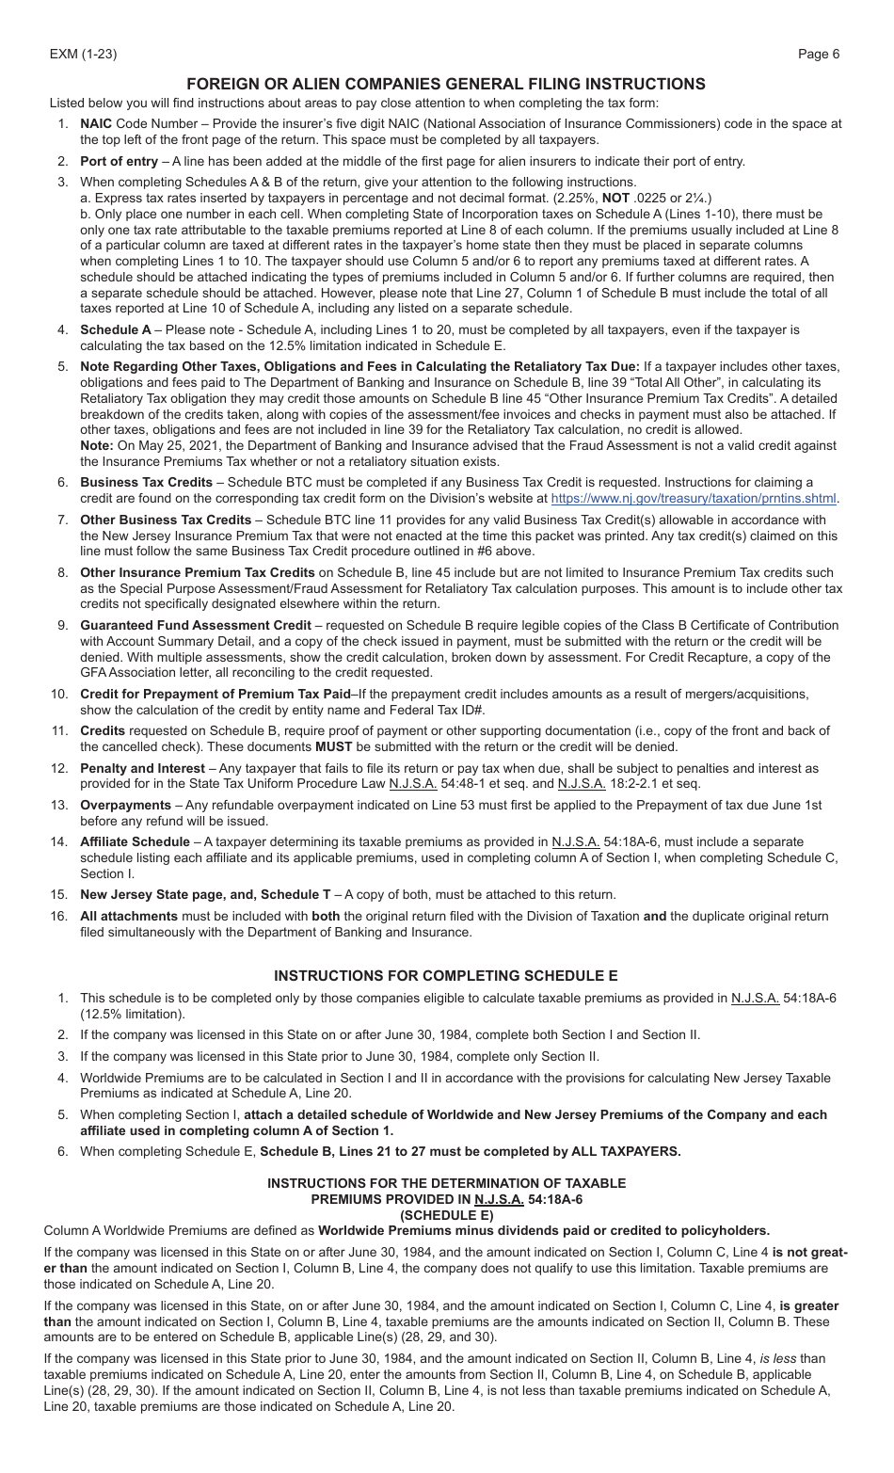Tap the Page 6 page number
(x=819, y=54)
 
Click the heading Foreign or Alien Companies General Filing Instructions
(x=446, y=84)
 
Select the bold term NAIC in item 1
(x=96, y=123)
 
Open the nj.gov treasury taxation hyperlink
(x=694, y=499)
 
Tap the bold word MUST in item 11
(x=333, y=746)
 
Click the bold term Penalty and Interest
(x=142, y=768)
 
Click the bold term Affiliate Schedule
(x=135, y=841)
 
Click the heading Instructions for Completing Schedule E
(x=446, y=975)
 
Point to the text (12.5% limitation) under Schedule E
(x=133, y=1014)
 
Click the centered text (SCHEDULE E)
(x=446, y=1214)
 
